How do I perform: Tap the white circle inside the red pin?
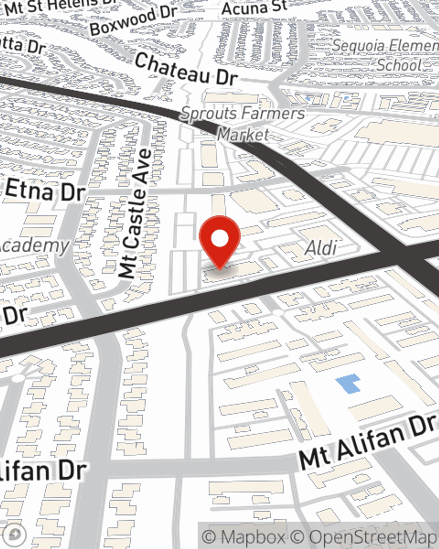coord(219,239)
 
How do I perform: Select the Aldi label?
coord(321,248)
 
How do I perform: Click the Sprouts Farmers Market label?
coord(243,123)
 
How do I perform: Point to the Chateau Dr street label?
coord(186,69)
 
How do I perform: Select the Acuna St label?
coord(254,7)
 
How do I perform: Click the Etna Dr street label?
coord(45,191)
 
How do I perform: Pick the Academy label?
coord(35,246)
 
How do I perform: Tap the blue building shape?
coord(349,383)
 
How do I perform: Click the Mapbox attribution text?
coord(243,537)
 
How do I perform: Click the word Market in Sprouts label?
coord(243,134)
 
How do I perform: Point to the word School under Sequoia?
coord(399,65)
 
